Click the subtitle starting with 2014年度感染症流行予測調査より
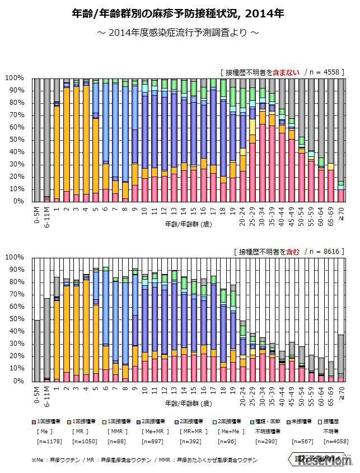pyautogui.click(x=179, y=33)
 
